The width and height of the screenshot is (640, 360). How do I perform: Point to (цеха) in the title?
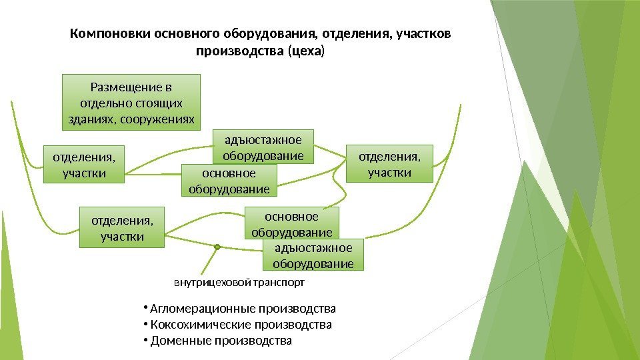tap(304, 51)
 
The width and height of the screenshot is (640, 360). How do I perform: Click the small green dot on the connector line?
tap(217, 247)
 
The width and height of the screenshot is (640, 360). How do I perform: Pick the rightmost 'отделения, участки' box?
tap(389, 164)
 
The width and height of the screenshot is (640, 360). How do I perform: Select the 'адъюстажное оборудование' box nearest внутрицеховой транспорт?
tap(314, 255)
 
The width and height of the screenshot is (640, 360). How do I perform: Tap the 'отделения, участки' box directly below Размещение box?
tap(84, 164)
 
